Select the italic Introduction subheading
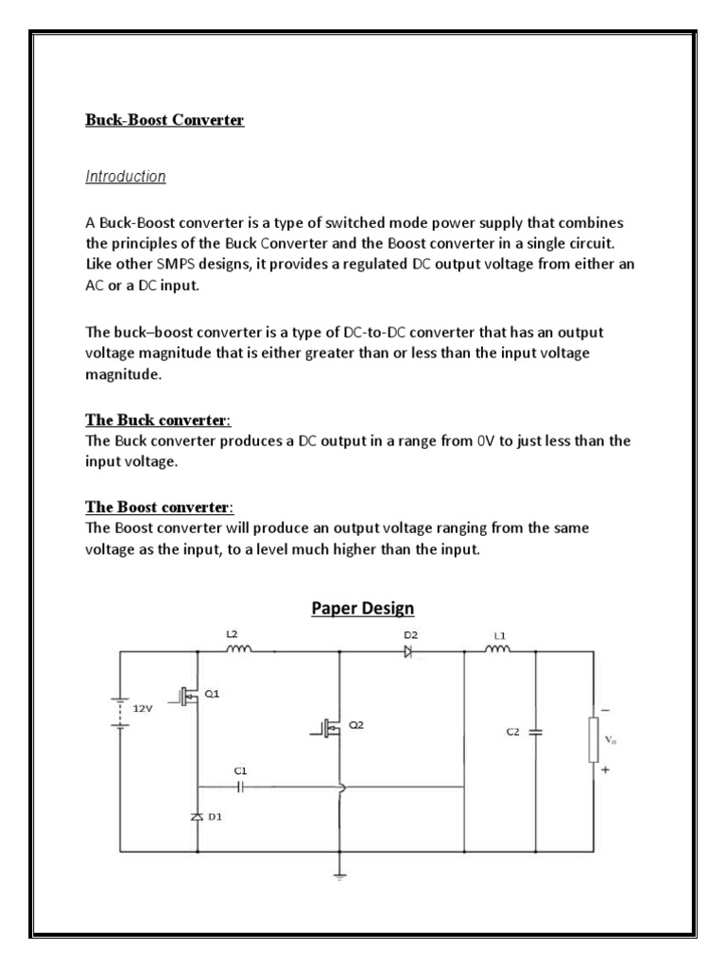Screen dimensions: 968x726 tap(126, 176)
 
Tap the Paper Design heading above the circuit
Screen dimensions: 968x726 tap(363, 607)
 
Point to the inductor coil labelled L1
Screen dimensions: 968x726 tap(497, 649)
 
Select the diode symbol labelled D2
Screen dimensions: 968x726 tap(407, 650)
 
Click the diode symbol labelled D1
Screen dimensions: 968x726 tap(198, 815)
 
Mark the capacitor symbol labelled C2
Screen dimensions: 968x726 tap(536, 732)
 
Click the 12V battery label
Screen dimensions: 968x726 tap(142, 707)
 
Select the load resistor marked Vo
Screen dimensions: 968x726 tap(594, 739)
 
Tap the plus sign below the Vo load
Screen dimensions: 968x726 tap(605, 770)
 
